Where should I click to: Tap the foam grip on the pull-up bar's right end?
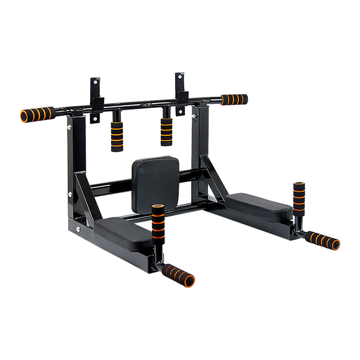(x=235, y=99)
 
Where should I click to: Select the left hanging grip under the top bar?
(x=116, y=133)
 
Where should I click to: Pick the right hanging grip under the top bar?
(x=166, y=130)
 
